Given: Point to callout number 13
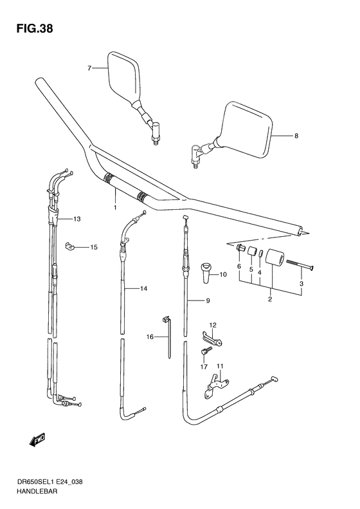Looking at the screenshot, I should [x=77, y=219].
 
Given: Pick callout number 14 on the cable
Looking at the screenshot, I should [x=144, y=289].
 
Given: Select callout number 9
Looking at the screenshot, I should [x=208, y=301].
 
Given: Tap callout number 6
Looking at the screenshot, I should [x=239, y=266].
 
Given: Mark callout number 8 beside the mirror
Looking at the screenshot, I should [x=296, y=136].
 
